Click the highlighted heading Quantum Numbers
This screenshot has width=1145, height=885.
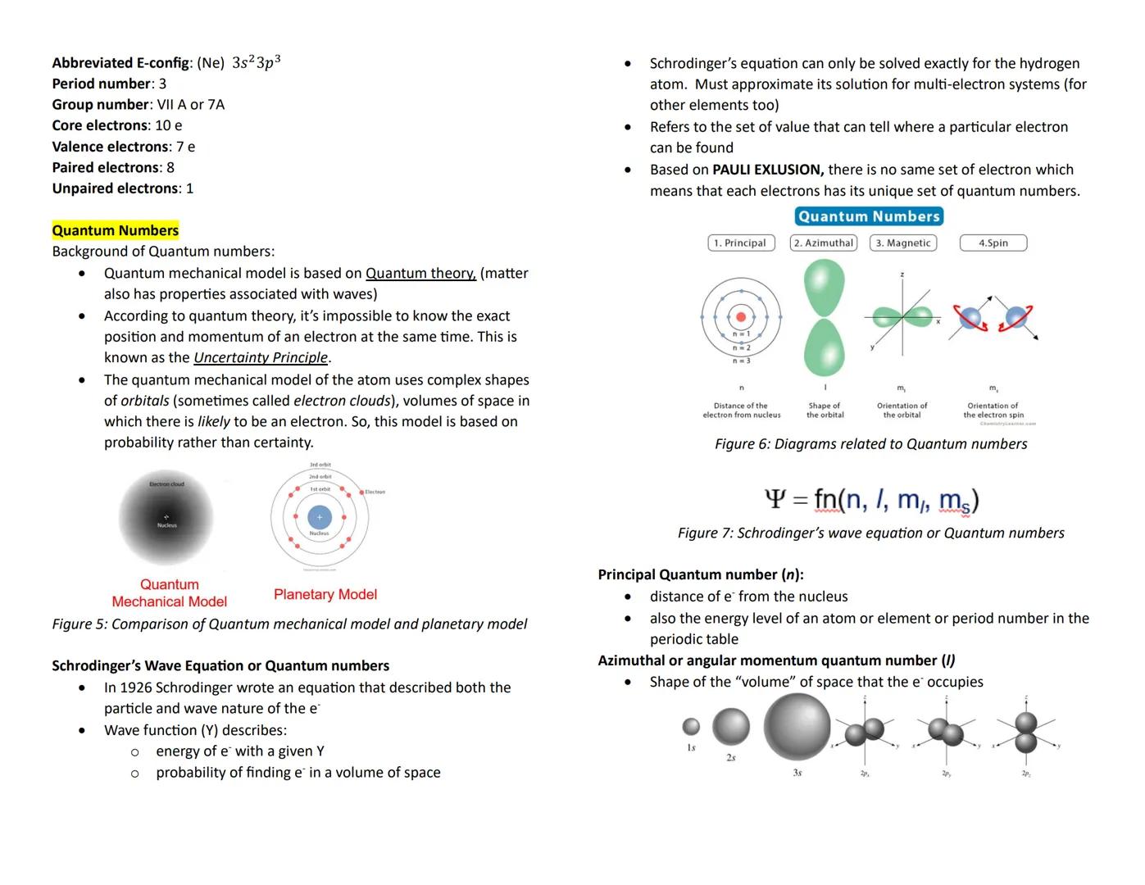115,230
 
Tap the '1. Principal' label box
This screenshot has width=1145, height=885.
740,243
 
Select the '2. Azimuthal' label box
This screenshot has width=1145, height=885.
823,243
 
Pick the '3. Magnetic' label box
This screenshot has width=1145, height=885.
902,243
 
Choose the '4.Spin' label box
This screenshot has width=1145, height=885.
993,243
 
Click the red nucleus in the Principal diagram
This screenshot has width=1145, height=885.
741,316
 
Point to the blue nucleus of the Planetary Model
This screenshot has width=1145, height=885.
319,517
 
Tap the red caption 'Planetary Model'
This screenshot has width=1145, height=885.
325,594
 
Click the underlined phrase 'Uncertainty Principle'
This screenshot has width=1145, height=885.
261,357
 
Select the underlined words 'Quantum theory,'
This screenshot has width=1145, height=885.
420,273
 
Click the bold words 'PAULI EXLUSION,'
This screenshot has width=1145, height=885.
768,170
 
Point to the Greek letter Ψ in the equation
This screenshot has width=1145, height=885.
775,498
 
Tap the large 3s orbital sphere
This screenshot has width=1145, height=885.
797,725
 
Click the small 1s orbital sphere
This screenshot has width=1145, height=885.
691,726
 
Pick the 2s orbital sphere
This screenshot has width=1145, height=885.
730,726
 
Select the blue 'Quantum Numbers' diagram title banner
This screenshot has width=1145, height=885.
869,216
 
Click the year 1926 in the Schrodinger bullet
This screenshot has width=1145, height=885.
136,688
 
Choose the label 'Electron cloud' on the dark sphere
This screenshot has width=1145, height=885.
166,484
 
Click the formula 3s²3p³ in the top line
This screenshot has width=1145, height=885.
256,62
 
